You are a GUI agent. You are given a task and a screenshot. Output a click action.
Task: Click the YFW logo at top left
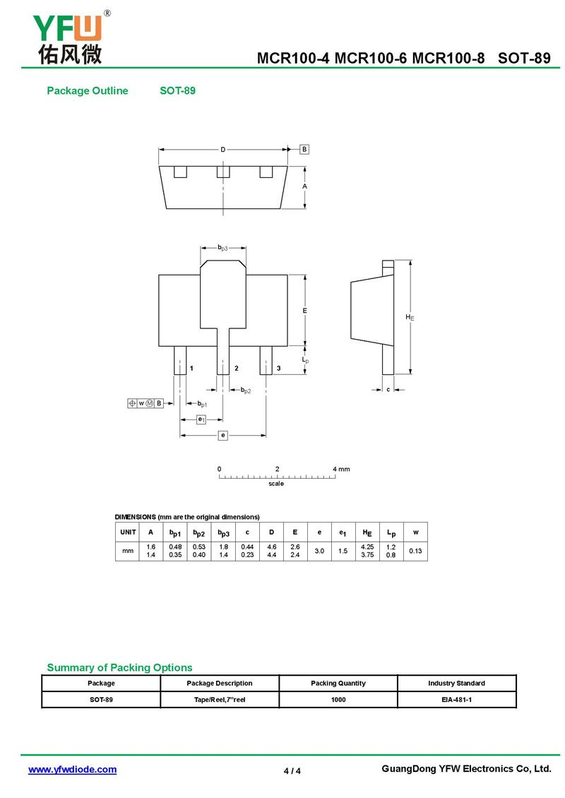tap(70, 37)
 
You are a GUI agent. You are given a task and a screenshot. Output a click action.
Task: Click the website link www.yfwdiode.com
tap(72, 770)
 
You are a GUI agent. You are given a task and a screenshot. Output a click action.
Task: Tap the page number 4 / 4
tap(292, 771)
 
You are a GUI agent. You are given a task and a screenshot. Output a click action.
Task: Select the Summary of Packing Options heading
tap(119, 667)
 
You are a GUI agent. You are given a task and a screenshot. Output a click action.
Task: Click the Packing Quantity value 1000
tap(338, 700)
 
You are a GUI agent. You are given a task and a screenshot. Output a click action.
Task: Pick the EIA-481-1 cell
tap(456, 700)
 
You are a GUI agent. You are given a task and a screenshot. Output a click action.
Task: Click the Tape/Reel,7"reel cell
tap(220, 700)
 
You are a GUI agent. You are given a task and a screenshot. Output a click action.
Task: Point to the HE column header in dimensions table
tap(367, 532)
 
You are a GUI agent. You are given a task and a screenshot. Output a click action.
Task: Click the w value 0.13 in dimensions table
tap(415, 551)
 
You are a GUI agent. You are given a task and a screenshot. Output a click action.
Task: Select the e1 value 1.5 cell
tap(343, 551)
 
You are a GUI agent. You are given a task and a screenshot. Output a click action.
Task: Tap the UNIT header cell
tap(128, 532)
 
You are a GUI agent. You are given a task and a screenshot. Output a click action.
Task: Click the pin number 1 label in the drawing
tap(191, 368)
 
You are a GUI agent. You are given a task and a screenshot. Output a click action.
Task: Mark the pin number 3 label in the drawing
tap(278, 368)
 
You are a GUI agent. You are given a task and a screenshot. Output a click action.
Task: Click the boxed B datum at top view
tap(304, 149)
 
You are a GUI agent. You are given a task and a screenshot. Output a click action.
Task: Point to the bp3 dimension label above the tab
tap(223, 248)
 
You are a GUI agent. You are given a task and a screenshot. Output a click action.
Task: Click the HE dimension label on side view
tap(410, 317)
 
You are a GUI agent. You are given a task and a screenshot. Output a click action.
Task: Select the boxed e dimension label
tap(223, 435)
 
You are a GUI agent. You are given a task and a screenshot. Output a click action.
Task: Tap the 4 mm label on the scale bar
tap(342, 469)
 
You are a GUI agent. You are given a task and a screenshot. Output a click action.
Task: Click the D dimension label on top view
tap(223, 150)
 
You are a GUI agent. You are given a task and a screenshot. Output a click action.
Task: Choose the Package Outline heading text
tap(88, 90)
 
